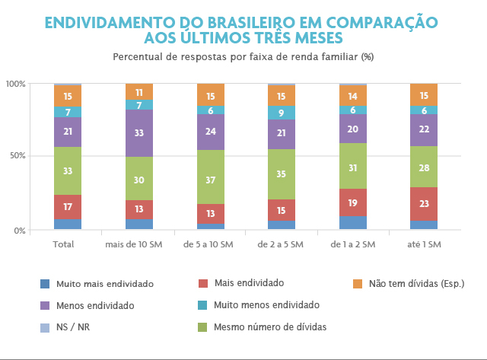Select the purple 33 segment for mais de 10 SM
pyautogui.click(x=139, y=133)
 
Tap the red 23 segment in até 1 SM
pyautogui.click(x=424, y=204)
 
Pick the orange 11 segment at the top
pyautogui.click(x=139, y=92)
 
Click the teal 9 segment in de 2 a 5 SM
pyautogui.click(x=282, y=113)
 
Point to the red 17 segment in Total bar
pyautogui.click(x=68, y=206)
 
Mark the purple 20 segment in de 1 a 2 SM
pyautogui.click(x=352, y=129)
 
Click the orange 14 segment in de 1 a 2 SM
pyautogui.click(x=352, y=96)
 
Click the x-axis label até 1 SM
pyautogui.click(x=423, y=244)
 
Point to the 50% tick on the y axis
pyautogui.click(x=16, y=156)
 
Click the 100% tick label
pyautogui.click(x=15, y=83)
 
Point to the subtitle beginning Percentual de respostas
pyautogui.click(x=243, y=57)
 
